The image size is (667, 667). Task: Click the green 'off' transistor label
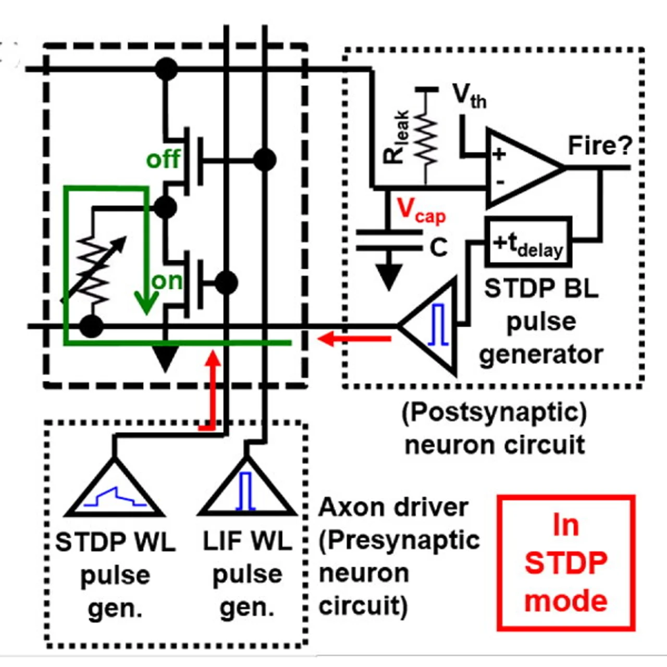163,159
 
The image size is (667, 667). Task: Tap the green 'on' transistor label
167,281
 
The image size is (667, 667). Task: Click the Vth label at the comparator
469,96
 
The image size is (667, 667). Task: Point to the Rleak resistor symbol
427,138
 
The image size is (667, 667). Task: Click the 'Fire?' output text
600,145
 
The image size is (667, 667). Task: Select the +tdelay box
528,243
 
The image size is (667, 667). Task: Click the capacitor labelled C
389,240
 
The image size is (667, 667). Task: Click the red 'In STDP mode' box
566,563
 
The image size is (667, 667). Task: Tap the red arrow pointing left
354,339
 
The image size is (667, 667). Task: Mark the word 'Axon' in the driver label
348,507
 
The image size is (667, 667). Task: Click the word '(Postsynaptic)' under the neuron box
494,413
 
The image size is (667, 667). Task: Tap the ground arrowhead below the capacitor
389,276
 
